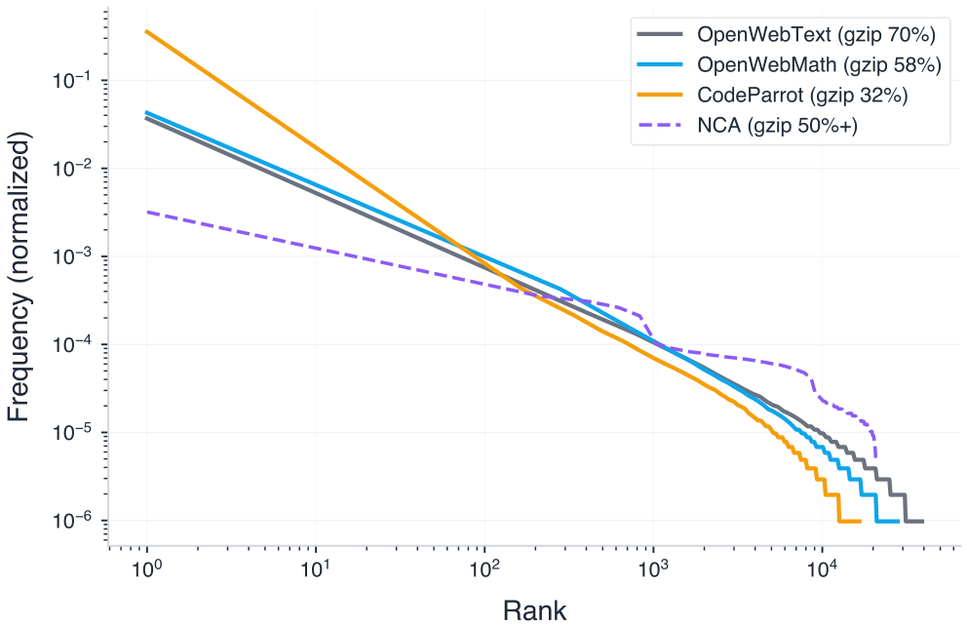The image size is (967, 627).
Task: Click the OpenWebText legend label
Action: [x=816, y=36]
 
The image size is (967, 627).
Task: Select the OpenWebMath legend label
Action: [x=818, y=65]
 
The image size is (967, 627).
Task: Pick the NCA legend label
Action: [x=777, y=125]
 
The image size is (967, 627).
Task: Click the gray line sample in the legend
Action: [x=659, y=36]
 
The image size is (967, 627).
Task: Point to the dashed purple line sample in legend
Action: [x=659, y=125]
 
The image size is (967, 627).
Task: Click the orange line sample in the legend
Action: [x=659, y=96]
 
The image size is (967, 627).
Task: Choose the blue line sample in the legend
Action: [x=659, y=65]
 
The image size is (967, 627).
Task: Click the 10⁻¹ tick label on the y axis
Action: [x=78, y=81]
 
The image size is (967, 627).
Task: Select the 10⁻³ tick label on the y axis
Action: [x=78, y=256]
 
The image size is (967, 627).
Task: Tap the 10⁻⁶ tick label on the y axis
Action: [x=78, y=521]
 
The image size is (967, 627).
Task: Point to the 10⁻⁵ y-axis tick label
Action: [x=78, y=433]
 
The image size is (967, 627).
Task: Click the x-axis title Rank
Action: [x=534, y=609]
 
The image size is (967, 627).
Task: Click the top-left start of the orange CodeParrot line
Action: [x=146, y=31]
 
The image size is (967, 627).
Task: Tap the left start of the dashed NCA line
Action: [x=146, y=212]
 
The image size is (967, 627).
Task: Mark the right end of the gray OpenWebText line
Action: [x=922, y=522]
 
